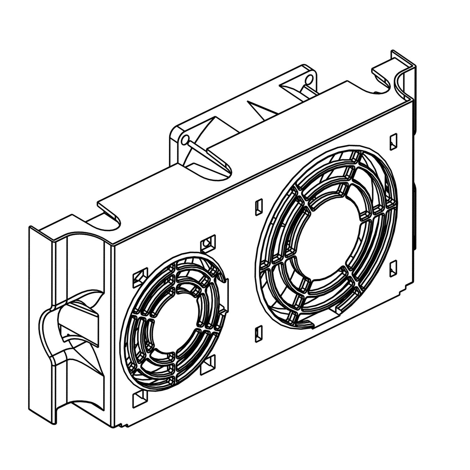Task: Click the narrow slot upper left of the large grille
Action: (x=258, y=207)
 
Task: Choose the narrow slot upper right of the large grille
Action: (x=393, y=142)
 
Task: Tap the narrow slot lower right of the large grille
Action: (x=394, y=269)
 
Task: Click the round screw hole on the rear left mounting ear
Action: (x=185, y=139)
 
